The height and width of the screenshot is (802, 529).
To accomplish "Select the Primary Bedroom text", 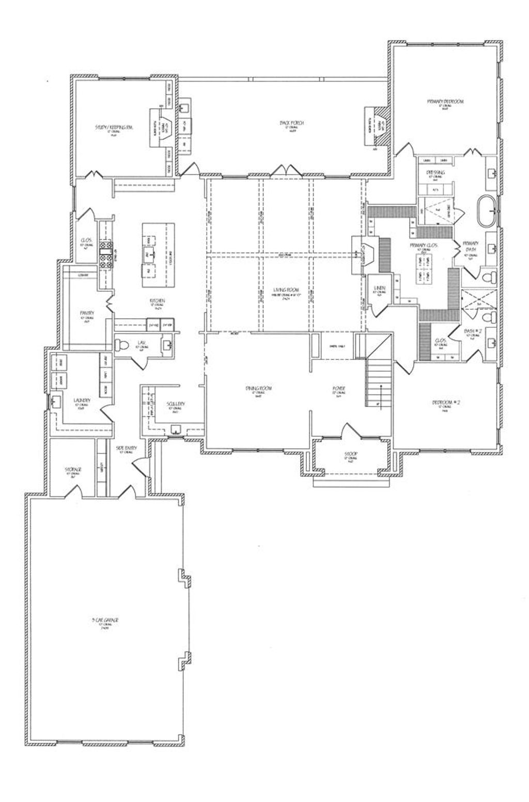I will (445, 102).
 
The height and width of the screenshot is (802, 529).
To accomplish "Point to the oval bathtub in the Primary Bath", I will (487, 211).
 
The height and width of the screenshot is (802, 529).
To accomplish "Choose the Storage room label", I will (72, 469).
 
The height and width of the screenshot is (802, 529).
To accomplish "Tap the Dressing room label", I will (435, 172).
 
